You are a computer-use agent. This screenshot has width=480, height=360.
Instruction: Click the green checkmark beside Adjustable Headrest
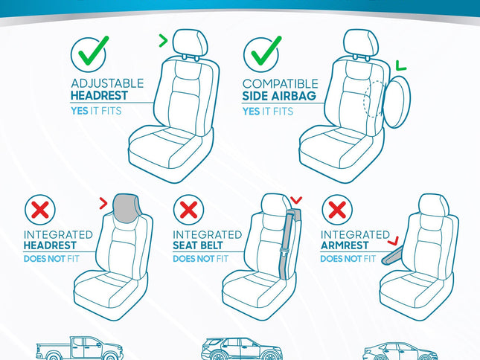(x=89, y=54)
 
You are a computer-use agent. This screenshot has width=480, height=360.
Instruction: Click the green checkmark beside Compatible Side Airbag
(x=261, y=54)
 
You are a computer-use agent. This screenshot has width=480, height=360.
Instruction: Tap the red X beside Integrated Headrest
(x=42, y=210)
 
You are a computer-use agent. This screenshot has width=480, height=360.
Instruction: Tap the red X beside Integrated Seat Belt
(x=190, y=210)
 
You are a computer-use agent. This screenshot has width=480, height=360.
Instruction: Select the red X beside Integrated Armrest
(x=339, y=210)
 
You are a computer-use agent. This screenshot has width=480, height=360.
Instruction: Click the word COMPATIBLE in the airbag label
(x=280, y=84)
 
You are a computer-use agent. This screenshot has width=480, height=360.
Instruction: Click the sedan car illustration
(x=400, y=351)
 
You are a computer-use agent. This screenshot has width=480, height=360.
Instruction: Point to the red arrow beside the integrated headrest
(x=103, y=201)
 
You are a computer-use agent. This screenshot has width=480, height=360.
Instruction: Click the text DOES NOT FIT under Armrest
(x=348, y=259)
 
